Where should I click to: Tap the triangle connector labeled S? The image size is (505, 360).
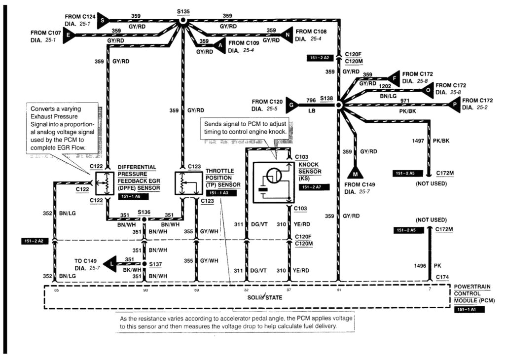coord(102,20)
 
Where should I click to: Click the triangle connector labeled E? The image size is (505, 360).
coord(69,35)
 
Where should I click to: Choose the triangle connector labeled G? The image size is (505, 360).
coord(291,105)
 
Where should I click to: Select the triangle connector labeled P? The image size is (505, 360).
coord(453,104)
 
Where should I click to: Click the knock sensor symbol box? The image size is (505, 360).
coord(273,182)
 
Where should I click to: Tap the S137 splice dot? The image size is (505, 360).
coord(144,263)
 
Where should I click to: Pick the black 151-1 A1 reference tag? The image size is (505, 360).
coord(469,309)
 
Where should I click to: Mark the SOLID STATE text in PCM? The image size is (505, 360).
coord(261,297)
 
